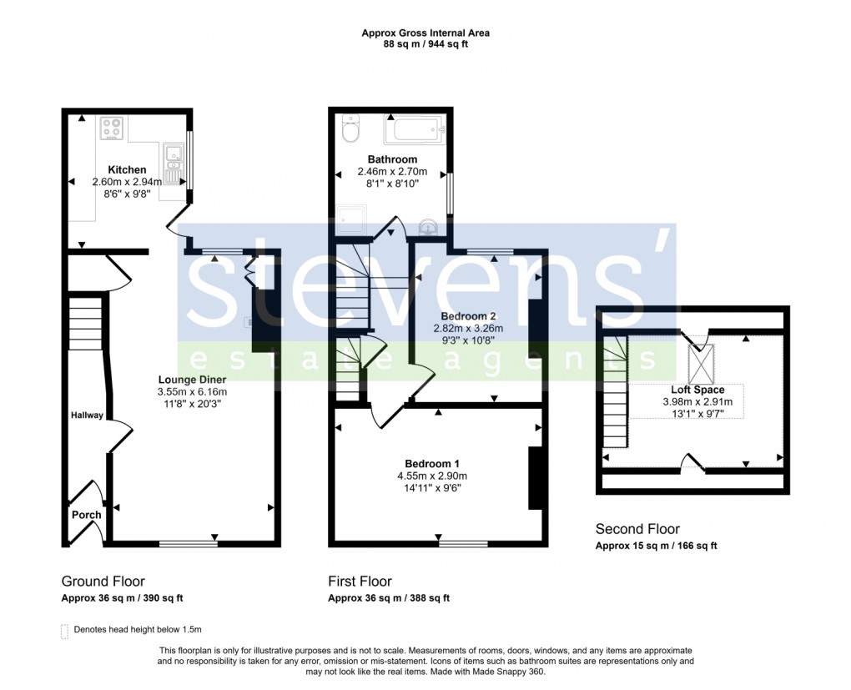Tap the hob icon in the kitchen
pyautogui.click(x=112, y=128)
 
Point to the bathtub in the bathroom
pyautogui.click(x=415, y=130)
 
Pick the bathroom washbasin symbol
pyautogui.click(x=427, y=226)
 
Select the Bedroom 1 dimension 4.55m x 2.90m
pyautogui.click(x=433, y=476)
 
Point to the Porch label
pyautogui.click(x=86, y=515)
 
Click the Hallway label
pyautogui.click(x=86, y=415)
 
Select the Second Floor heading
pyautogui.click(x=637, y=529)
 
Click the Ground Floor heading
pyautogui.click(x=103, y=582)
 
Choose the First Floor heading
pyautogui.click(x=360, y=582)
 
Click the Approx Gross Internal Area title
pyautogui.click(x=425, y=33)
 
